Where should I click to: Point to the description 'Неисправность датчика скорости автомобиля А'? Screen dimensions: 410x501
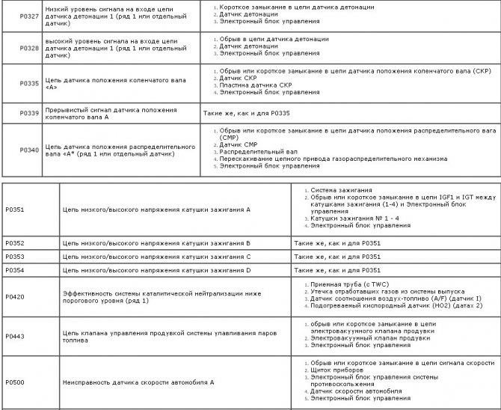click(139, 383)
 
